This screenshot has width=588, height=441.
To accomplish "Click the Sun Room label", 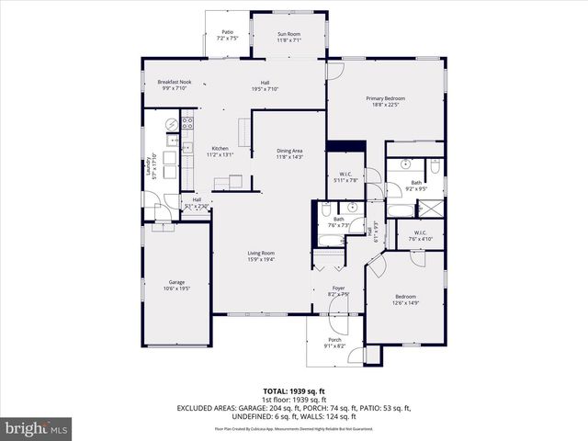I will (x=289, y=34).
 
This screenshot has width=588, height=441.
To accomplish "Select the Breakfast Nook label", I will (x=174, y=83).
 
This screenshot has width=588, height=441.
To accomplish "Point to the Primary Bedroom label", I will (x=385, y=98).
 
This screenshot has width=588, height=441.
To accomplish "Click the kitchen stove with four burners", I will (x=187, y=122).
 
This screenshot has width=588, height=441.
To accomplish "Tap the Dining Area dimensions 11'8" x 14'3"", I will (x=289, y=157).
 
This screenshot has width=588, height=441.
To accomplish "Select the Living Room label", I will (x=261, y=253).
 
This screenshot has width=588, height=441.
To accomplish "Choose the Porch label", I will (x=334, y=340).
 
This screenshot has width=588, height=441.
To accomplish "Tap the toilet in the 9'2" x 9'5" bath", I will (x=435, y=166).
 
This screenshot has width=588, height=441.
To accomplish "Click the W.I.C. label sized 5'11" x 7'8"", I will (x=346, y=174).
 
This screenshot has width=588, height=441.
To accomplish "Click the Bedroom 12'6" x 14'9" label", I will (x=405, y=297).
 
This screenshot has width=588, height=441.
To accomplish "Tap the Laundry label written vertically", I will (x=147, y=165).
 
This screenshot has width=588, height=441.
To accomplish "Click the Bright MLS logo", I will (x=37, y=428).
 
